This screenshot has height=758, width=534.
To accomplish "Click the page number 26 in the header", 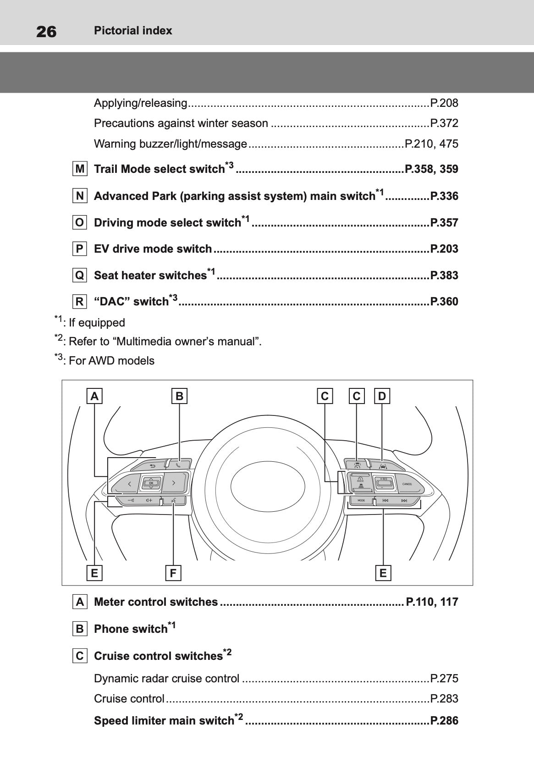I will (x=46, y=31).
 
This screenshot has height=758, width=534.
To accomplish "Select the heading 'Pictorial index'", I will (x=133, y=31).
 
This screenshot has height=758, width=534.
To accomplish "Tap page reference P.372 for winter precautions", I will (x=444, y=123).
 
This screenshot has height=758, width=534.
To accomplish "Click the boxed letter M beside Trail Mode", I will (x=80, y=169).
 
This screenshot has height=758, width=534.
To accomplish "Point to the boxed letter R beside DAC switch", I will (x=80, y=302).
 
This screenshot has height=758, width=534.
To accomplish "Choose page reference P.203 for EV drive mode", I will (x=444, y=249).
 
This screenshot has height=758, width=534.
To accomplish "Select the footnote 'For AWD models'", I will (x=111, y=361).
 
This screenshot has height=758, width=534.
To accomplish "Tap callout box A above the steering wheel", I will (x=94, y=396).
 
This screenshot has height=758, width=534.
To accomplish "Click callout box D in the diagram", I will (x=382, y=396).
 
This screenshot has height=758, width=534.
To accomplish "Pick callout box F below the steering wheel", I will (x=173, y=573).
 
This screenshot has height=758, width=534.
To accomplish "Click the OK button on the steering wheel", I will (x=151, y=483).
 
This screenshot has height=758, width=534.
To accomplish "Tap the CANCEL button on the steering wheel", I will (x=407, y=484).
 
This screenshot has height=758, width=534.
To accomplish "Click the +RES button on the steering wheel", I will (x=383, y=480).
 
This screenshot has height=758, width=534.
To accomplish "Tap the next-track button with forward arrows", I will (x=404, y=500).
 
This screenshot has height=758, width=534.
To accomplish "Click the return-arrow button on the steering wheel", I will (x=152, y=465).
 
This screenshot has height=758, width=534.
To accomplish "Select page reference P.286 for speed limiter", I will (x=444, y=721).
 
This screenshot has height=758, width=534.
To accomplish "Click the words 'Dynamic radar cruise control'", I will (x=166, y=679).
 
